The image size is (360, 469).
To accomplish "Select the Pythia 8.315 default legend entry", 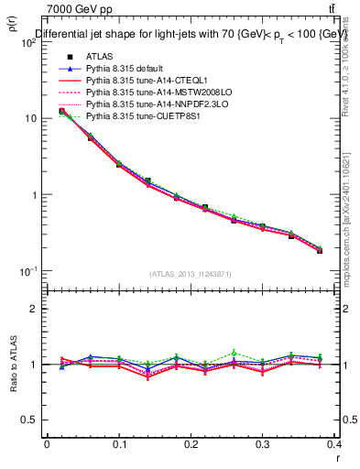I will tap(125, 69).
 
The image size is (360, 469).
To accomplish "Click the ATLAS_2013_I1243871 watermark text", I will tap(191, 275).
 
